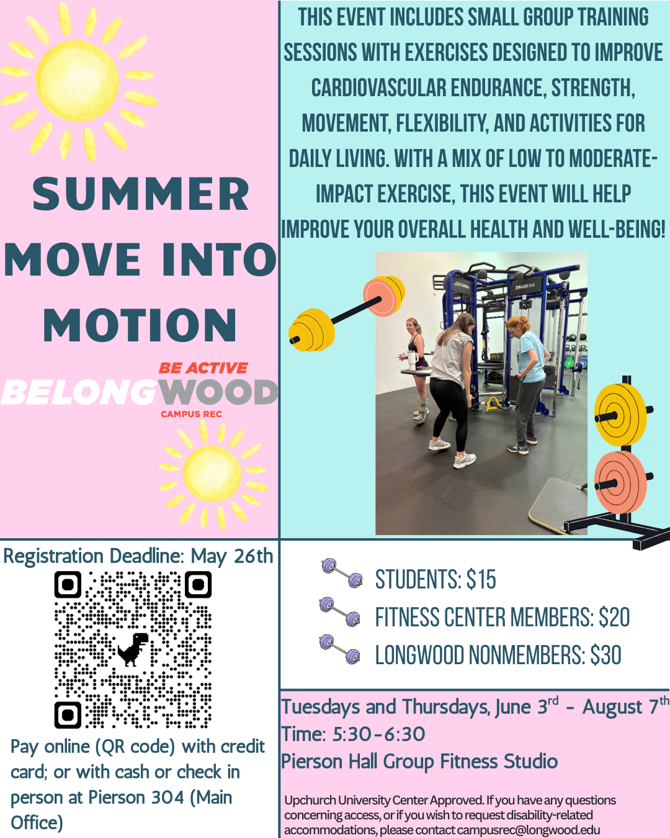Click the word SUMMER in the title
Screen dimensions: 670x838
(141, 194)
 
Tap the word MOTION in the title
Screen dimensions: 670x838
(140, 325)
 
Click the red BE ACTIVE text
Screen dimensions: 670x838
(203, 367)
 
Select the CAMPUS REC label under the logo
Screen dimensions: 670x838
(191, 414)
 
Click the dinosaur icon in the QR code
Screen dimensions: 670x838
(133, 649)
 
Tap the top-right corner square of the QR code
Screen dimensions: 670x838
(198, 585)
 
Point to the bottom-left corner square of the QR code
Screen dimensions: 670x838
(68, 715)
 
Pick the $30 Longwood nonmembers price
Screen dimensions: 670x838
(605, 655)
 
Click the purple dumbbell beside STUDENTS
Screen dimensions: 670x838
(342, 573)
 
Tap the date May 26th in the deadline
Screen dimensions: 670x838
(231, 556)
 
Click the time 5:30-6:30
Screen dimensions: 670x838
(378, 734)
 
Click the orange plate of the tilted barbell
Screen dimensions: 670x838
(383, 296)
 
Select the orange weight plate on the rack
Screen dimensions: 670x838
(620, 482)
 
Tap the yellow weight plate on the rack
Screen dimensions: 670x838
(620, 415)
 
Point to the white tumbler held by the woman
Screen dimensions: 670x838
(412, 360)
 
